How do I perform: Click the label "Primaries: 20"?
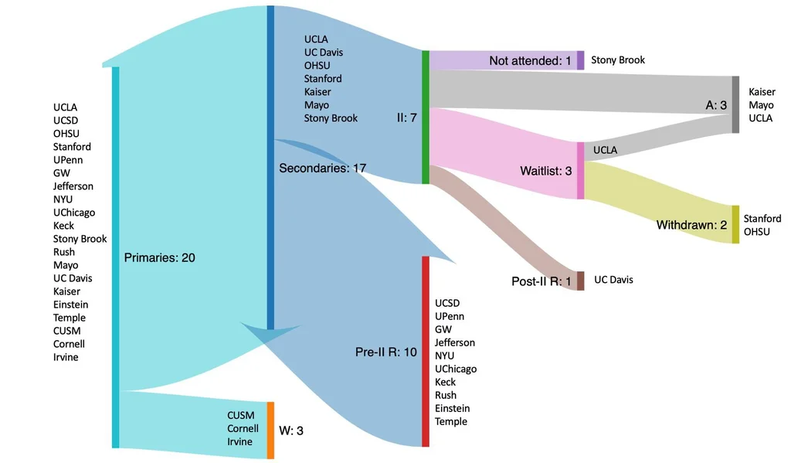tap(159, 257)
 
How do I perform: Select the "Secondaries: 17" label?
tap(322, 168)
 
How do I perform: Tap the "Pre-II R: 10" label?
tap(386, 352)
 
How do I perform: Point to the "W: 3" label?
tap(290, 431)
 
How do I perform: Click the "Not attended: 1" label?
tap(530, 60)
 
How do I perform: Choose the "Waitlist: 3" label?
tap(546, 171)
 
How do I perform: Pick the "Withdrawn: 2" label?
tap(691, 225)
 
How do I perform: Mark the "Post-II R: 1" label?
tap(541, 281)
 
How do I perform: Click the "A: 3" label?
tap(716, 104)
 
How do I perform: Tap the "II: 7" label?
tap(406, 117)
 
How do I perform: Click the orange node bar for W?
tap(270, 431)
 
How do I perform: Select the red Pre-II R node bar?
tap(425, 352)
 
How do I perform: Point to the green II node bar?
tap(426, 117)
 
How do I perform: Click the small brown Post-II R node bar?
tap(580, 281)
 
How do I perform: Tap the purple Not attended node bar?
tap(580, 60)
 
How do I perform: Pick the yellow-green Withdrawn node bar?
tap(735, 225)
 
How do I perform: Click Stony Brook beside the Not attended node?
tap(617, 60)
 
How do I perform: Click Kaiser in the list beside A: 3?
tap(762, 92)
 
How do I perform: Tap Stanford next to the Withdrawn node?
tap(762, 219)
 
